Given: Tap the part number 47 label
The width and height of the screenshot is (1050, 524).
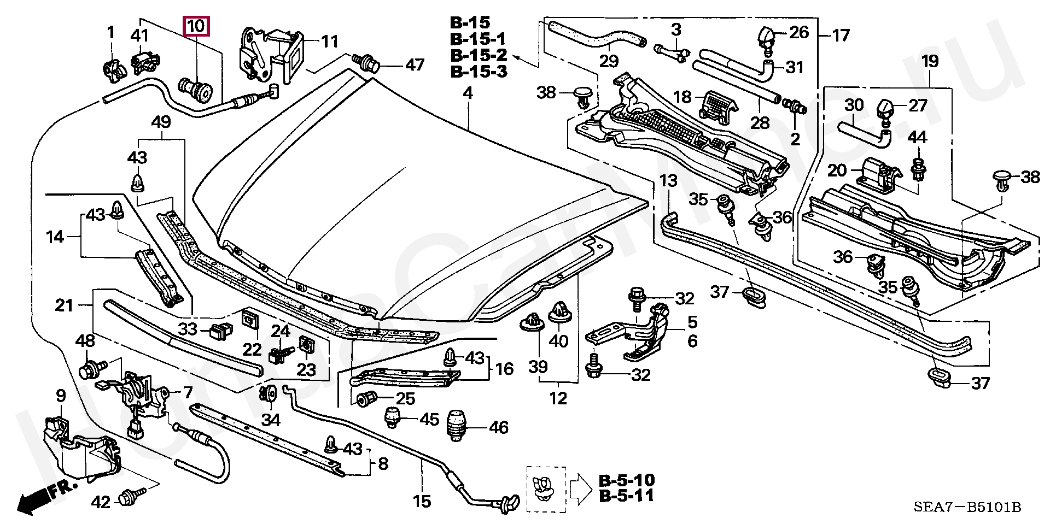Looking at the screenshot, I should click(x=414, y=65).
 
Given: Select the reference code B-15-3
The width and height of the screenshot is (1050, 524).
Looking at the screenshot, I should click(x=478, y=72).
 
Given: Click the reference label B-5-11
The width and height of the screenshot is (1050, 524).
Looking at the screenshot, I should click(x=626, y=496).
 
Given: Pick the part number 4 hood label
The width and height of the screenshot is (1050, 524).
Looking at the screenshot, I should click(x=468, y=93).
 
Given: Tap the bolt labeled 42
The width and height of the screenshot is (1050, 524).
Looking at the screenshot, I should click(x=132, y=496).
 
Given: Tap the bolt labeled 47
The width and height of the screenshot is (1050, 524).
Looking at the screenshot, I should click(x=368, y=63).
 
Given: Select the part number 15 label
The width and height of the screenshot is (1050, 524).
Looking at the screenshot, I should click(x=422, y=501).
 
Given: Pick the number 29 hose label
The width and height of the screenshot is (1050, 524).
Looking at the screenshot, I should click(x=609, y=61).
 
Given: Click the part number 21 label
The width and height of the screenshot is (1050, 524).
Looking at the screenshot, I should click(x=64, y=305).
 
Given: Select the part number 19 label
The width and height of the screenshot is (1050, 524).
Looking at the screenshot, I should click(x=930, y=61).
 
